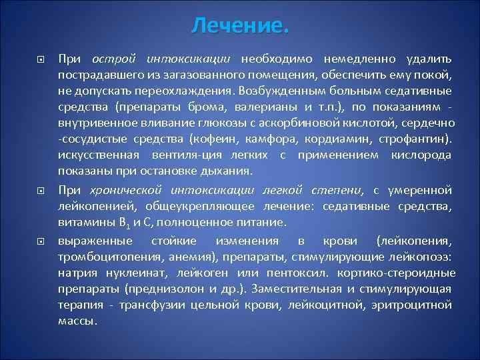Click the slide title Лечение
[x=240, y=26]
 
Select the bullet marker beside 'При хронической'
[x=41, y=190]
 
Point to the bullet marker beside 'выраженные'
[x=41, y=240]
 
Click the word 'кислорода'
[x=421, y=155]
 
